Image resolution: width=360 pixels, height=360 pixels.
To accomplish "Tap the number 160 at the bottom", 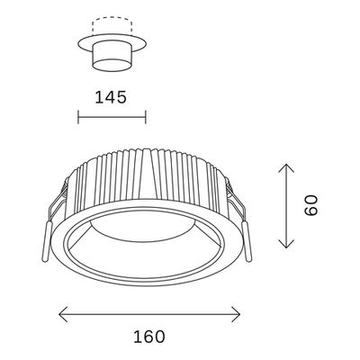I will click(x=149, y=337).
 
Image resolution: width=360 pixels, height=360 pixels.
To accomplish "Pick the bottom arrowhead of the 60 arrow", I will click(x=286, y=246).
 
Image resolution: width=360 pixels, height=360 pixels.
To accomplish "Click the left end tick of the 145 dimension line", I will click(x=79, y=118).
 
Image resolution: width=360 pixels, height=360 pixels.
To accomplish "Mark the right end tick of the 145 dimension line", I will click(x=146, y=118).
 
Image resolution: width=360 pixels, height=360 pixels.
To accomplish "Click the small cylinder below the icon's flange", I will click(x=112, y=59).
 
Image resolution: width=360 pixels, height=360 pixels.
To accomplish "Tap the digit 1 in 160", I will click(x=135, y=337).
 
